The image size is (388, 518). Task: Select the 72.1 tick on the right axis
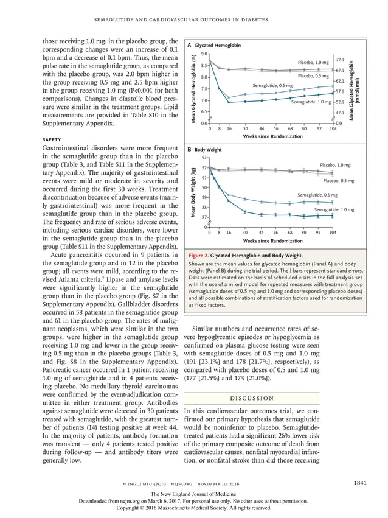coord(340,60)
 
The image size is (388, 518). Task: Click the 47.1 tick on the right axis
coord(340,113)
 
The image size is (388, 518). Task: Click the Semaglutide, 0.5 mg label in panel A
coord(272,86)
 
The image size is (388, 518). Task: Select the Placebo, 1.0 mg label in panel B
coord(335,165)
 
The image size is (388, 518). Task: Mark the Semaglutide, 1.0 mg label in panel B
coord(334,209)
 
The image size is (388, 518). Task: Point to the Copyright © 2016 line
coord(193,507)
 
